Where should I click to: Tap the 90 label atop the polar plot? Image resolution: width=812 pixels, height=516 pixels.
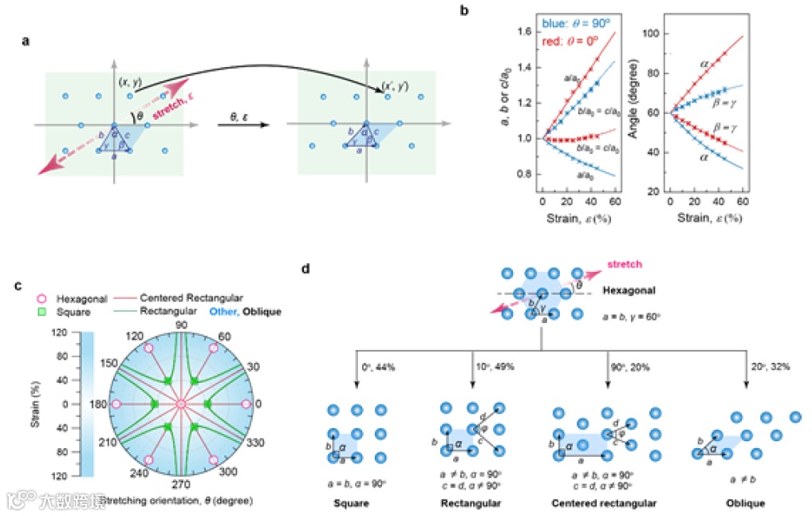181,325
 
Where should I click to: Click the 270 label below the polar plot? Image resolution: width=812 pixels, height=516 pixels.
182,483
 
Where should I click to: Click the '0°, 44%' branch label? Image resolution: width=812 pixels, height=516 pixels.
377,369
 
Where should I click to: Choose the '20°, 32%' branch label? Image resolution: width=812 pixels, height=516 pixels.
767,369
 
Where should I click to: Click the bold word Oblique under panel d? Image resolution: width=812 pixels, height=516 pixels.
746,503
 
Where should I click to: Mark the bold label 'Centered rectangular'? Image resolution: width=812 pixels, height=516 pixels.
604,503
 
